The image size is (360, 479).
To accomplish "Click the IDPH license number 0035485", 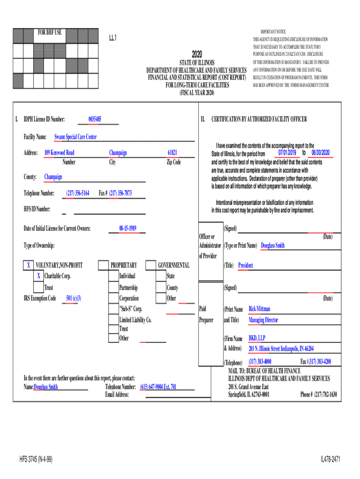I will click(95, 119).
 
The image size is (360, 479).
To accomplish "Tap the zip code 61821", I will click(173, 153).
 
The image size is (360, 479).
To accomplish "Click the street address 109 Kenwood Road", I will click(59, 153).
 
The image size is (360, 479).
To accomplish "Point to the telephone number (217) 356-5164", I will click(78, 193).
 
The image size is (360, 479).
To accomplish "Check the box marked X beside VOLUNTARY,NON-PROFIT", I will click(29, 265).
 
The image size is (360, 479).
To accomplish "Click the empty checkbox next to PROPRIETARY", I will click(103, 265).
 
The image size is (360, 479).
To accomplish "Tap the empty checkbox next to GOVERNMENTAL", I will click(151, 265).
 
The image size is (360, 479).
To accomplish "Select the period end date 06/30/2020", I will click(320, 153).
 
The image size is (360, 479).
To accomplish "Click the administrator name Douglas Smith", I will click(273, 245).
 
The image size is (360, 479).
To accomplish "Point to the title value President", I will click(245, 265).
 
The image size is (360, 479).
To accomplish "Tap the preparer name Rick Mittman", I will click(259, 309).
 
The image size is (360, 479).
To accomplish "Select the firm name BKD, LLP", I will click(258, 338).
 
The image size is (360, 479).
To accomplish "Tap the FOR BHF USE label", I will click(50, 33).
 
